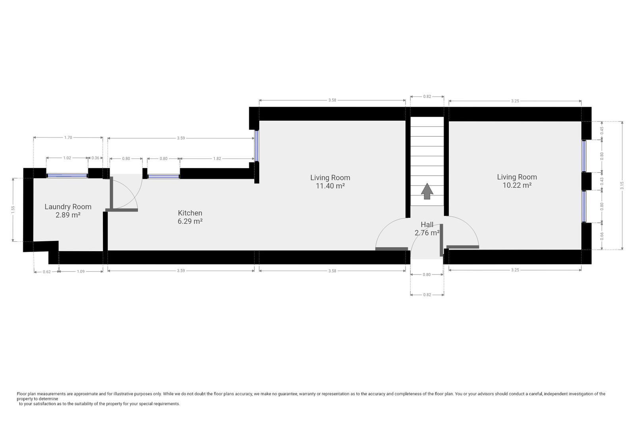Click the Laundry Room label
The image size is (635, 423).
[x=68, y=207]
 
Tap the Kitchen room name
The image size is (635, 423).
[x=190, y=213]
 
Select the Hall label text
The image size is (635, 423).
[x=427, y=225]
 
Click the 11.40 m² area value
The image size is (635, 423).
[x=330, y=186]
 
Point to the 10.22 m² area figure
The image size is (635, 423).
[x=517, y=185]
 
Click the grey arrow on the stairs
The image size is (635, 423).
[x=427, y=191]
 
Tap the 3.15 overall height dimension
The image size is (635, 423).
[x=622, y=185]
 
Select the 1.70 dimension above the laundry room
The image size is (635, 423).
[x=68, y=138]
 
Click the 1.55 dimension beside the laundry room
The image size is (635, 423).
[x=13, y=210]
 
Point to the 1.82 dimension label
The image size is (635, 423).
[x=217, y=158]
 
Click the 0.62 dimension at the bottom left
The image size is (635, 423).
[x=47, y=271]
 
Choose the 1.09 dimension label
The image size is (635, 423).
[x=81, y=271]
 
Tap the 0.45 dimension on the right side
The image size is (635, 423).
[x=602, y=131]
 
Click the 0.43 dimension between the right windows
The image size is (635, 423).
[x=602, y=181]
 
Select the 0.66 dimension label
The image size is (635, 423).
[x=602, y=236]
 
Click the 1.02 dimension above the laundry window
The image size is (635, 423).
[x=67, y=158]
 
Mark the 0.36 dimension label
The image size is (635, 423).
[x=96, y=158]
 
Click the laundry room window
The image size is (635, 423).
[x=67, y=176]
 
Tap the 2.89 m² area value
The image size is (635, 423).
[x=68, y=215]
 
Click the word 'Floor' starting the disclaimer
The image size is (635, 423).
[x=21, y=394]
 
